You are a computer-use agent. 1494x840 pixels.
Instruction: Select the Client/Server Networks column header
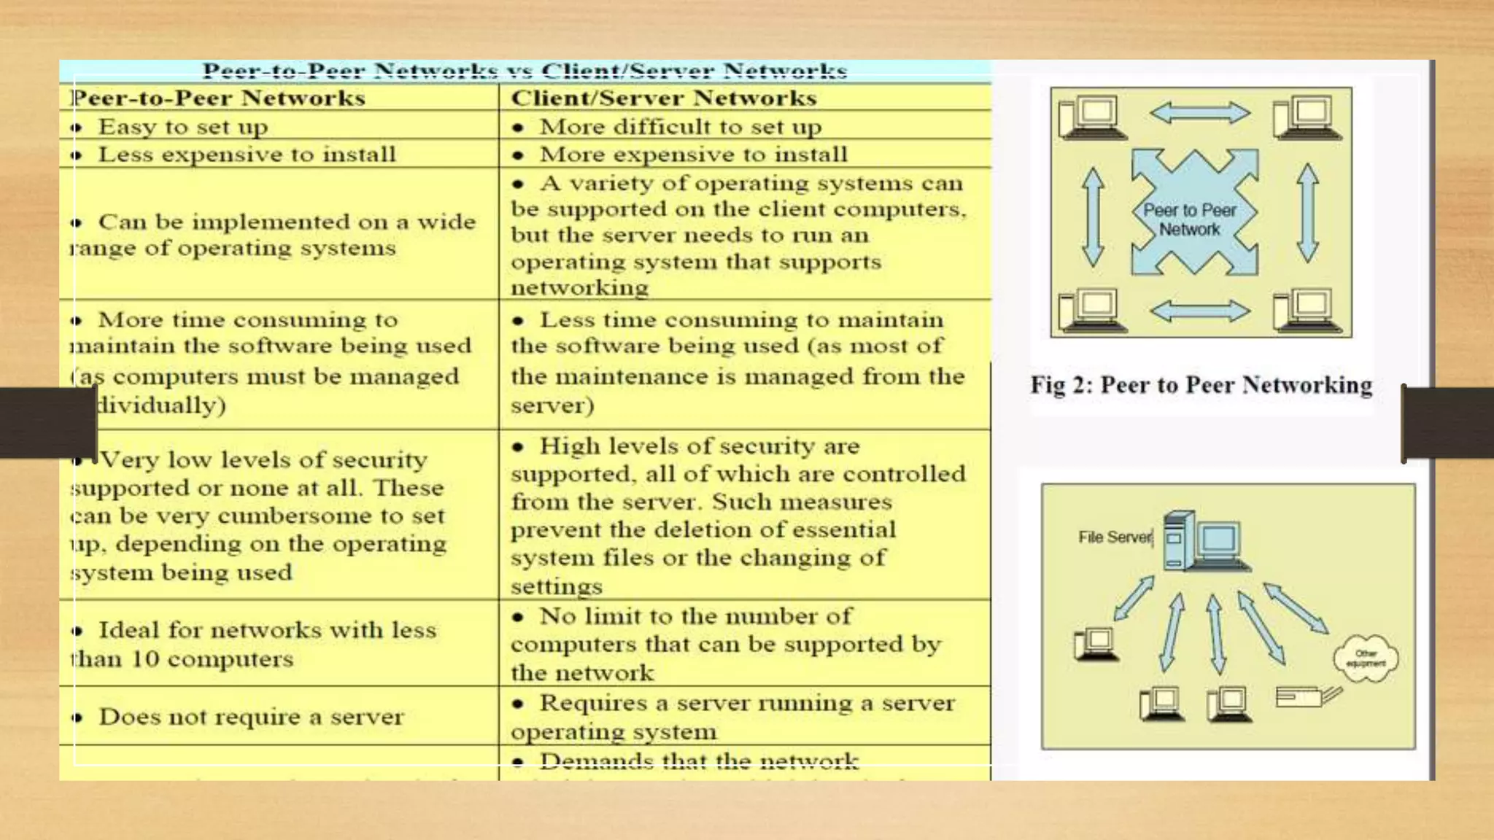pyautogui.click(x=663, y=98)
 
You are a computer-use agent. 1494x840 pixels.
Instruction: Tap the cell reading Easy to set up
pyautogui.click(x=183, y=127)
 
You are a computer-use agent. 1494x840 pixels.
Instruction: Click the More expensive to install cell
pyautogui.click(x=693, y=155)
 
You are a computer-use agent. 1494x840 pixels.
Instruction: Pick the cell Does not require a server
pyautogui.click(x=251, y=717)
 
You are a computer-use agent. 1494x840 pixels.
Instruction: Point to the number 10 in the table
pyautogui.click(x=145, y=659)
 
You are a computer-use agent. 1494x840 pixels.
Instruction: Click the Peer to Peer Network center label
pyautogui.click(x=1190, y=219)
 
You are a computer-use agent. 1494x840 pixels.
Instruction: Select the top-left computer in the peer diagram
pyautogui.click(x=1092, y=117)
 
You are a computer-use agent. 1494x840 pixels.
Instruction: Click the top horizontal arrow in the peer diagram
pyautogui.click(x=1199, y=113)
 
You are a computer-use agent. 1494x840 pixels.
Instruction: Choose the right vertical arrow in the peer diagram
pyautogui.click(x=1307, y=213)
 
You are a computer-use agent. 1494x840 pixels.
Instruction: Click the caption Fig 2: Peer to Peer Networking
pyautogui.click(x=1201, y=385)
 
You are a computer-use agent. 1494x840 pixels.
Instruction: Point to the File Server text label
pyautogui.click(x=1115, y=537)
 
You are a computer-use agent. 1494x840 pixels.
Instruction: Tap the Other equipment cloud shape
pyautogui.click(x=1366, y=658)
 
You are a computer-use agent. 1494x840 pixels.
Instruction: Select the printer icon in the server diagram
pyautogui.click(x=1307, y=696)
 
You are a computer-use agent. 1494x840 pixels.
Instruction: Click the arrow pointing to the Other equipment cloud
pyautogui.click(x=1296, y=608)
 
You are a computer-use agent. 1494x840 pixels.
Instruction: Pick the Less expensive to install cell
pyautogui.click(x=247, y=155)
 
